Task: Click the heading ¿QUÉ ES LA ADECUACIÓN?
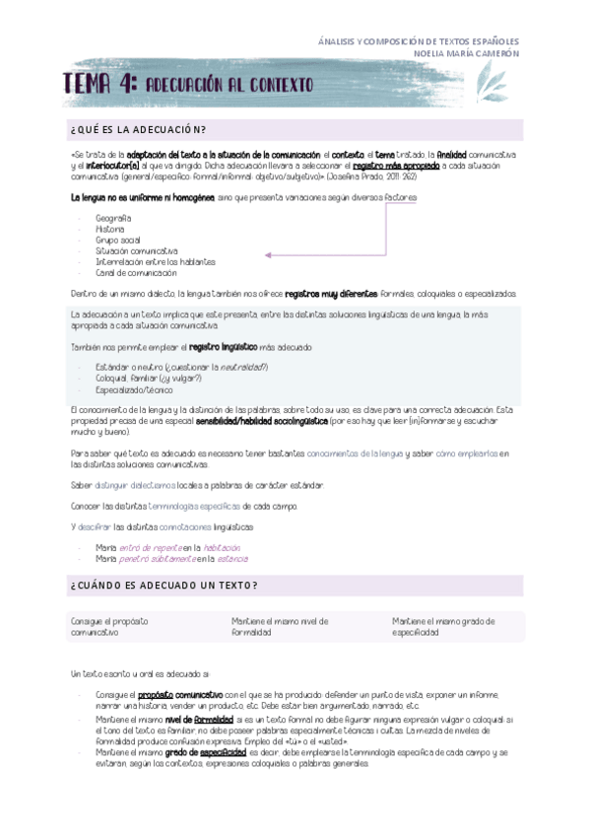tap(138, 129)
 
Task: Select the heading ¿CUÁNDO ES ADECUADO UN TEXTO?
tap(164, 585)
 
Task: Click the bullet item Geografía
tap(114, 217)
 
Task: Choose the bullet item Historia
tap(110, 229)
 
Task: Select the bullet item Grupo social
tap(118, 240)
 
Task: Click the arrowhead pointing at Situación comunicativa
tap(268, 254)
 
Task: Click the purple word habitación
tap(223, 546)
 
